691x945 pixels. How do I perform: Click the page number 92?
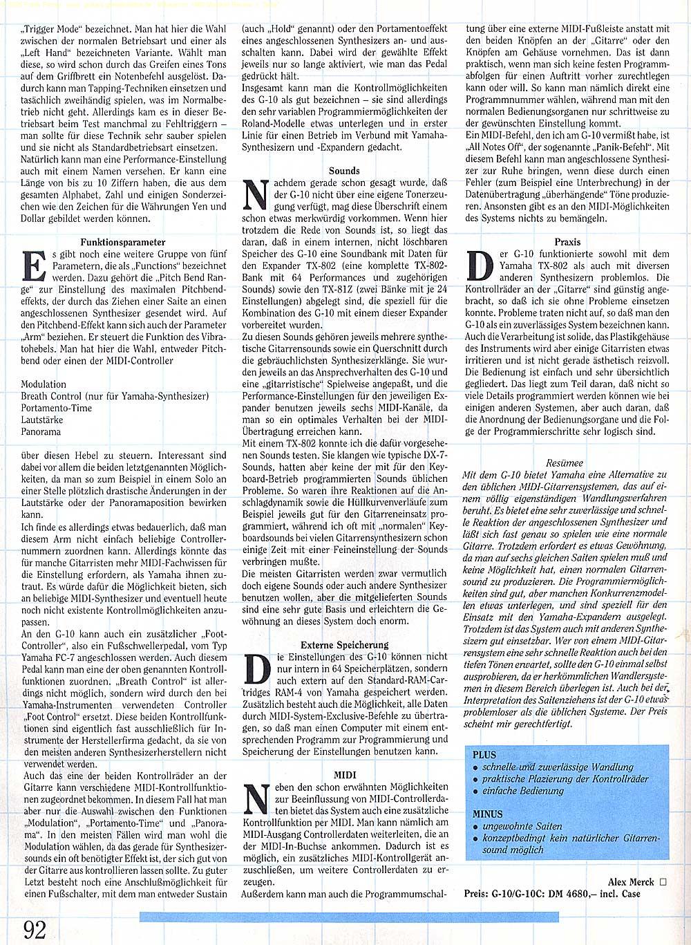click(x=35, y=928)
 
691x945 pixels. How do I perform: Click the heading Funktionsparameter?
click(x=123, y=243)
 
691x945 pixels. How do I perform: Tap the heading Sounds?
click(x=344, y=170)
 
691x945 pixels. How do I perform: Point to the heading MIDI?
click(x=344, y=775)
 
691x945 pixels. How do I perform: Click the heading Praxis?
click(x=567, y=242)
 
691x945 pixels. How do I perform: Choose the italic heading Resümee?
click(x=564, y=462)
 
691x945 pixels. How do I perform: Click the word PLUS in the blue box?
click(x=484, y=755)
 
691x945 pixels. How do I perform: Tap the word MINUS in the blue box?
click(x=488, y=814)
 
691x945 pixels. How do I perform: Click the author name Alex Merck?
click(x=630, y=882)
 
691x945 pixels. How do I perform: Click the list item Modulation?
click(x=44, y=384)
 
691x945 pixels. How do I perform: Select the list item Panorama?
click(x=41, y=431)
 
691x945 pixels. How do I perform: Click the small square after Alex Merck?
click(x=663, y=882)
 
